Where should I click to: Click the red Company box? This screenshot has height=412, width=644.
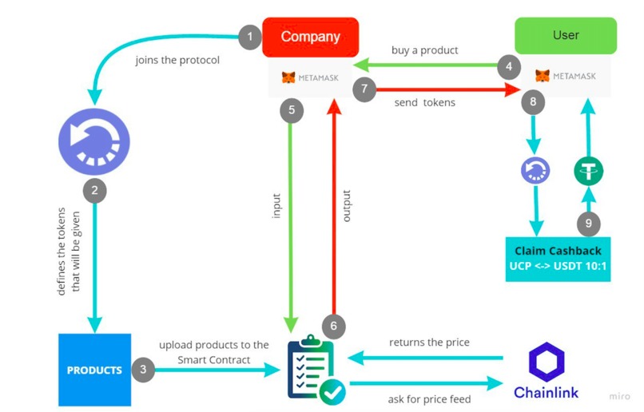coord(310,37)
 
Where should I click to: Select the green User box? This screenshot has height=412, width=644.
coord(566,36)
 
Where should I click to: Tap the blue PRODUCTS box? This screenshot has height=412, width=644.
coord(93,370)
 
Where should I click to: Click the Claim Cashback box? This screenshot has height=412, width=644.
coord(558,258)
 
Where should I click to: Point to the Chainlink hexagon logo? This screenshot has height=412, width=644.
coord(546,360)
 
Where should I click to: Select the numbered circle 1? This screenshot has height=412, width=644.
coord(250,36)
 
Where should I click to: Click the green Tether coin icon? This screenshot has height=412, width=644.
coord(588,170)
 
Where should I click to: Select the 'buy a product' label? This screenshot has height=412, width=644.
coord(424,50)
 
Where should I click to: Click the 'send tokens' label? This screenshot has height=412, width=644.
coord(424,103)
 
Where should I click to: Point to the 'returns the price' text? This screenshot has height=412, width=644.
coord(429,343)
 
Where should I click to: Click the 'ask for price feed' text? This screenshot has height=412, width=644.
coord(429,398)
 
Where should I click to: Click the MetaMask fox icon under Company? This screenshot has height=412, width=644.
coord(288,77)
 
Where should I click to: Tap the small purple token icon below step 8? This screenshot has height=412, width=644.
coord(533,170)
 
